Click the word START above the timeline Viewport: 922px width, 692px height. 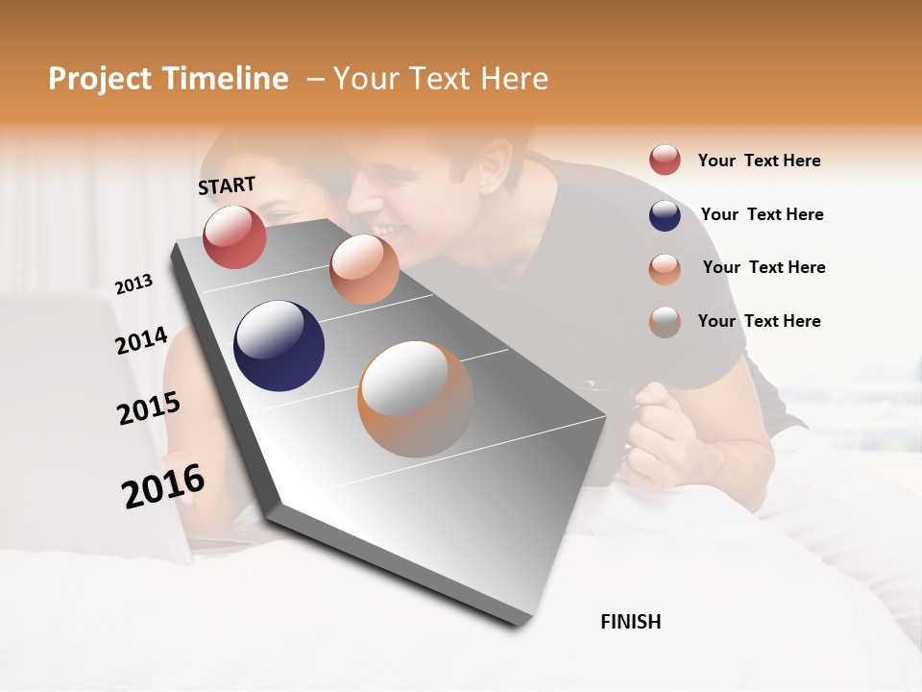227,185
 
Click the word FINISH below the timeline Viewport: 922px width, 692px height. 631,622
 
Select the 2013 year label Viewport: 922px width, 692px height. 133,284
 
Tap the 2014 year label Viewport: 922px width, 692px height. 141,341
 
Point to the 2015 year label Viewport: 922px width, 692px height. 149,408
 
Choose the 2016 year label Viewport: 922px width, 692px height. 163,486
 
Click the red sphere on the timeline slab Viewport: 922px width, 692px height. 234,236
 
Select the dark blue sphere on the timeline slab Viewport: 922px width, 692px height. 279,346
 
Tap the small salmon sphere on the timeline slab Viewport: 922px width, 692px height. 364,269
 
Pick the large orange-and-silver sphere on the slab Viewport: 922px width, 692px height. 416,398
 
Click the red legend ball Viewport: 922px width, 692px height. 665,160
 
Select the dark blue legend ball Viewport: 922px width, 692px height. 665,215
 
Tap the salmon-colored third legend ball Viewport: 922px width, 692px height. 665,269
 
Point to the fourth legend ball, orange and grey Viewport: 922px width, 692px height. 665,322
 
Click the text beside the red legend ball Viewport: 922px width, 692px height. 759,161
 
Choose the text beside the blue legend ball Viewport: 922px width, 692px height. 762,214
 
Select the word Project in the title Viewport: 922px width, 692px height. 100,79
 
